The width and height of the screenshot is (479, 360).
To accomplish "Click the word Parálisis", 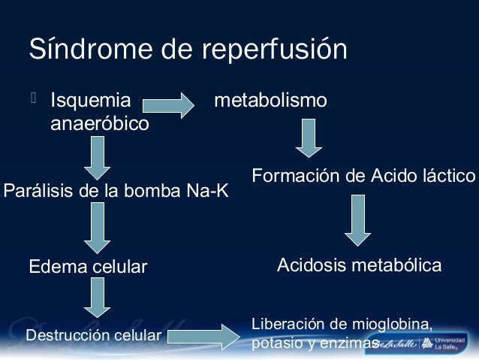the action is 38,191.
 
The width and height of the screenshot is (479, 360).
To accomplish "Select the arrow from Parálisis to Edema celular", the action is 98,228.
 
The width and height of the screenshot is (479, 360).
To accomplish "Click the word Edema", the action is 55,267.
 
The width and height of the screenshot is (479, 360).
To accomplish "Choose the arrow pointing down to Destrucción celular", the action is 98,298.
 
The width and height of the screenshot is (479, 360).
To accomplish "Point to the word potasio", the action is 273,343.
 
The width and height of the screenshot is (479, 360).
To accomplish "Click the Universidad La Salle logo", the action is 444,343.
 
